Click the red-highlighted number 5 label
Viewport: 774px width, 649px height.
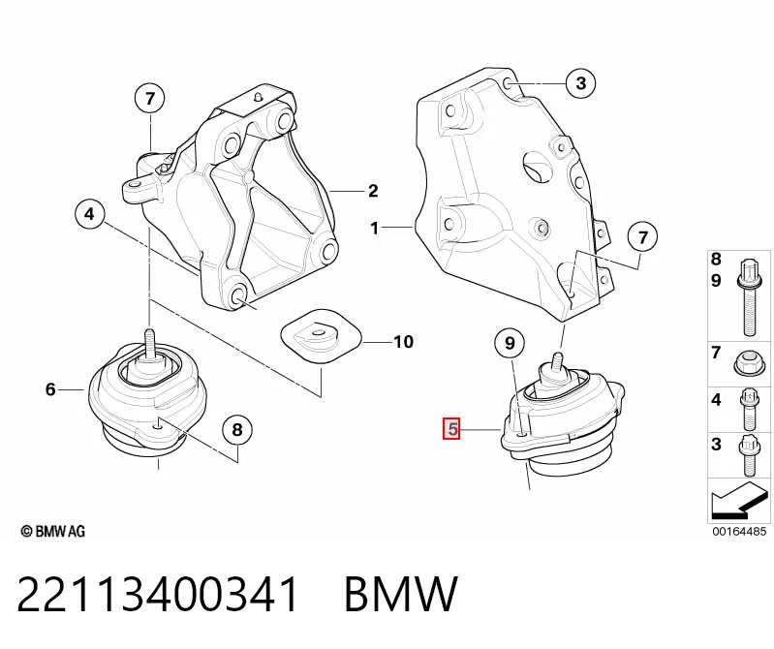[x=451, y=429]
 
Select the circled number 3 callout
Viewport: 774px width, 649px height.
[x=580, y=83]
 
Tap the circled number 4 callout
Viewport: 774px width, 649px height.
[x=89, y=214]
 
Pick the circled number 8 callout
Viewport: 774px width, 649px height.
[x=237, y=430]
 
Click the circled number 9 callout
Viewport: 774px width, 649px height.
[x=510, y=343]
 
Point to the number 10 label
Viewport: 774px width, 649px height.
[x=403, y=342]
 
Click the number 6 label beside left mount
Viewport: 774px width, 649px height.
[x=50, y=389]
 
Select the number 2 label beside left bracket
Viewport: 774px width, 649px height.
[x=373, y=191]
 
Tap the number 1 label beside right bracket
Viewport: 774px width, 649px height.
[x=375, y=228]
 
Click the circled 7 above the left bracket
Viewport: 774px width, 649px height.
[x=150, y=99]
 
